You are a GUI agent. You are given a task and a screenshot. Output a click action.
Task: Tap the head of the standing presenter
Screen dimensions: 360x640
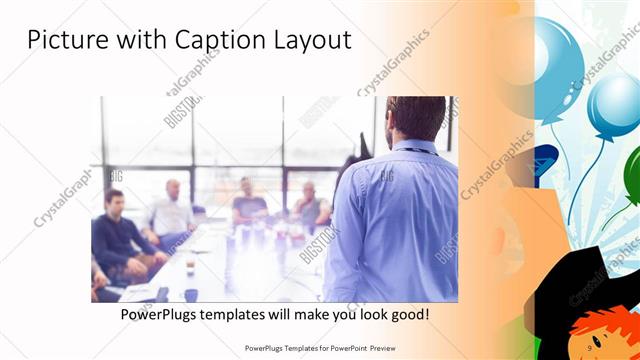[412, 117]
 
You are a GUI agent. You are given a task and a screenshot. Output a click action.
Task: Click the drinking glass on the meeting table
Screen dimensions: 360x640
[190, 268]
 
